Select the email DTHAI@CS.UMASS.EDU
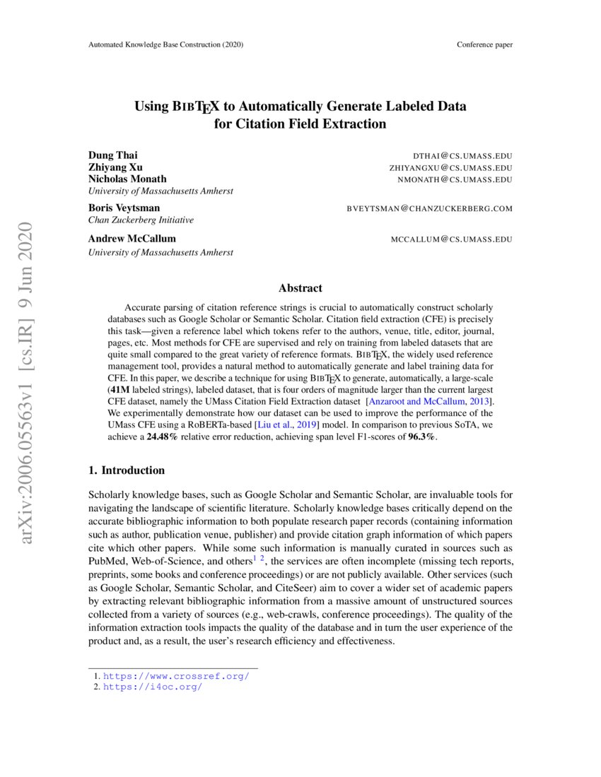[462, 155]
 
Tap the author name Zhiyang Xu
[115, 167]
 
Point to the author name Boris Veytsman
[124, 208]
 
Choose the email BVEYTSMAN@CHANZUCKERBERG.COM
[429, 208]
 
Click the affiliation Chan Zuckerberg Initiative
[141, 220]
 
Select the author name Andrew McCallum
[132, 239]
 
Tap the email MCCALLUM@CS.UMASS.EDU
[451, 239]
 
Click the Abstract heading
[300, 288]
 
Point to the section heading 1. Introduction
[127, 470]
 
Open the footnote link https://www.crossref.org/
[176, 676]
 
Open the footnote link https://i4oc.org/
[153, 687]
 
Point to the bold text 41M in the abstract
[120, 389]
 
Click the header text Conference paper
[484, 45]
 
